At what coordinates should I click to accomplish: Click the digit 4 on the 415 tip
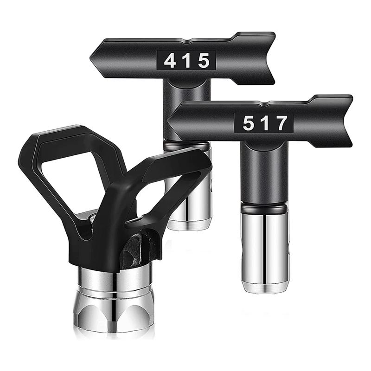point(170,61)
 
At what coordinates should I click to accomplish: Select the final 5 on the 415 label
point(204,61)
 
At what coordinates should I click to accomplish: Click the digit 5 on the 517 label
point(249,123)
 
